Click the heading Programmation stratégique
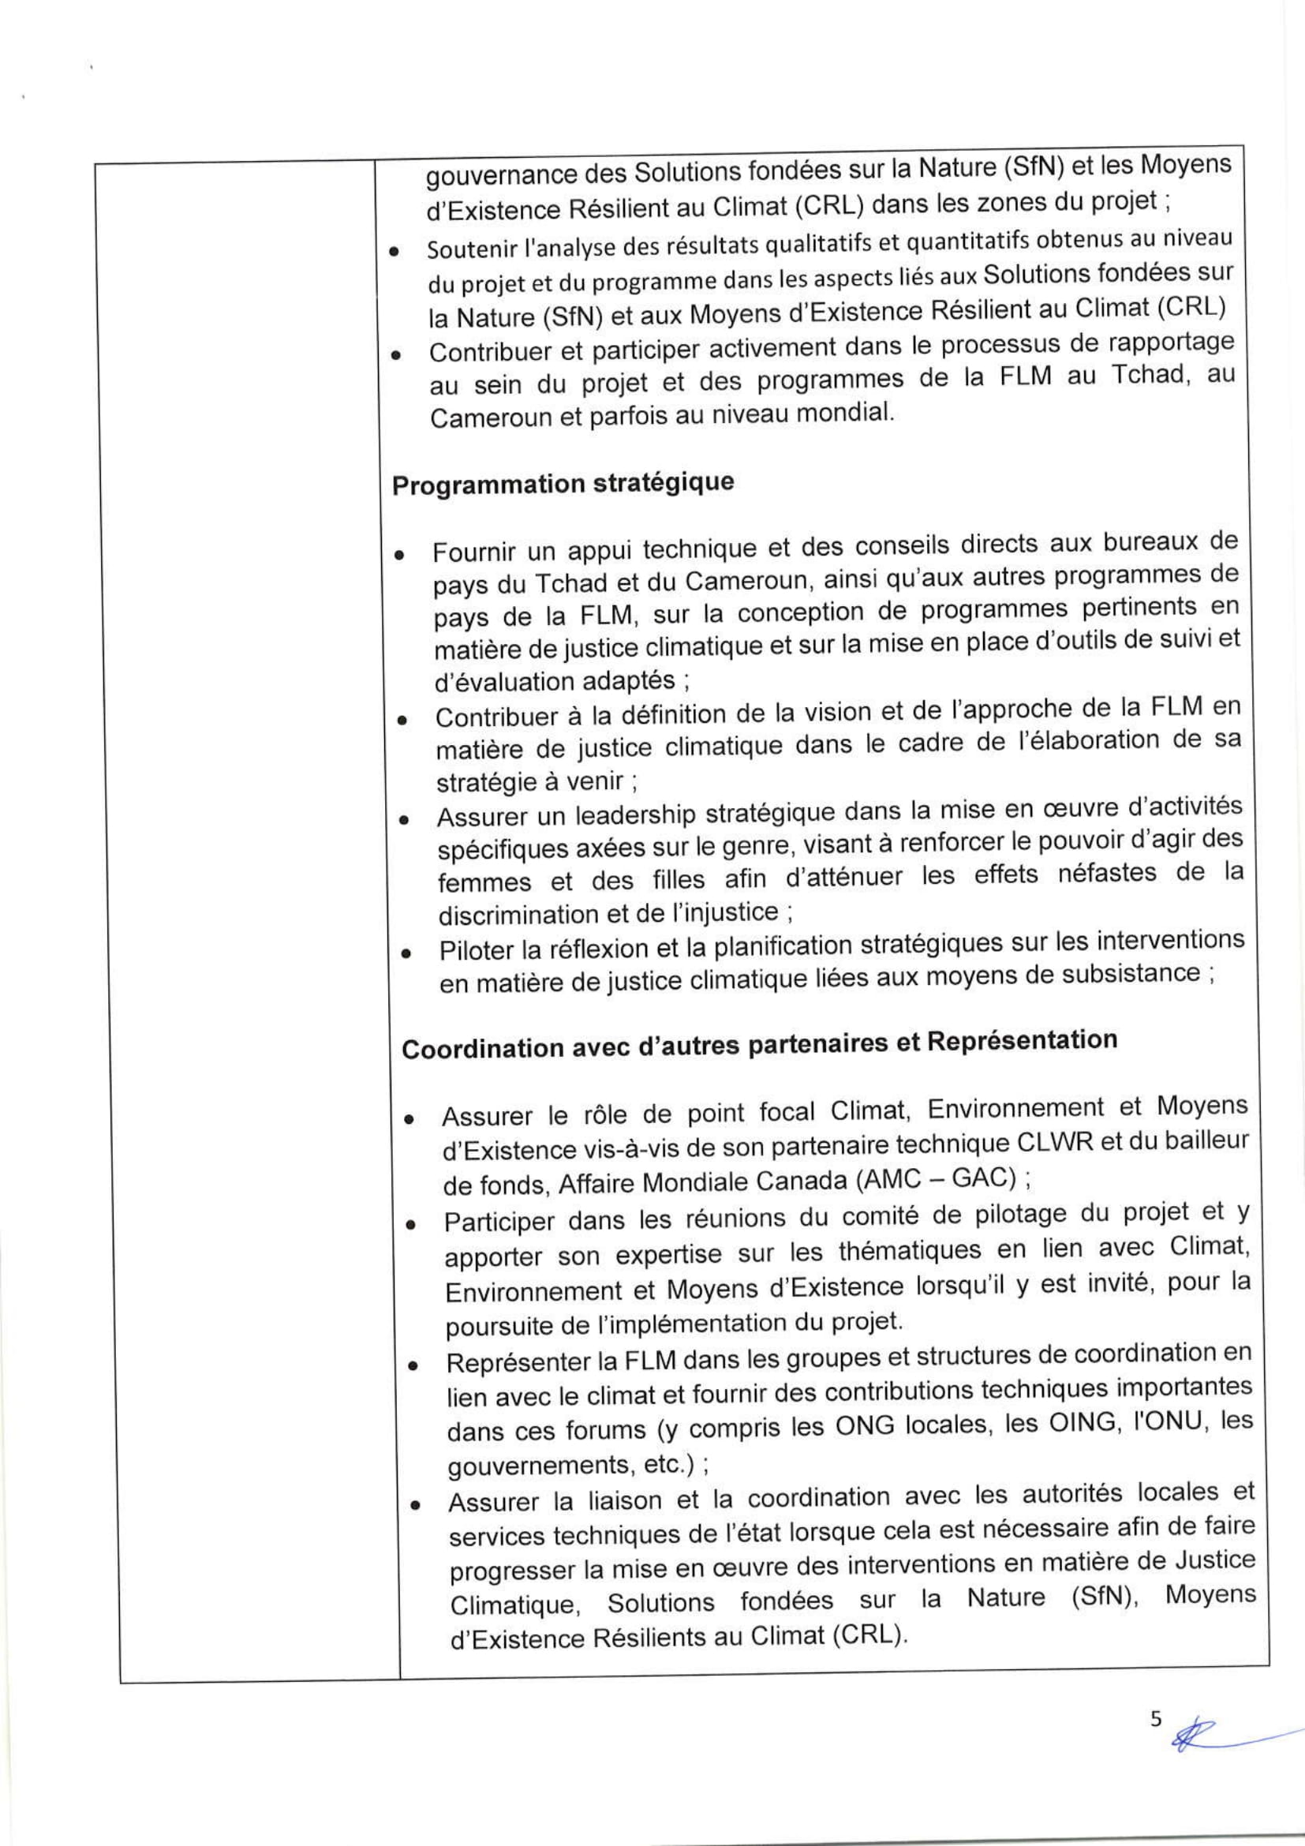(x=563, y=484)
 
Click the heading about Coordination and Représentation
(x=759, y=1043)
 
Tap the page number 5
(x=1156, y=1718)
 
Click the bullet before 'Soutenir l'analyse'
(x=394, y=252)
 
